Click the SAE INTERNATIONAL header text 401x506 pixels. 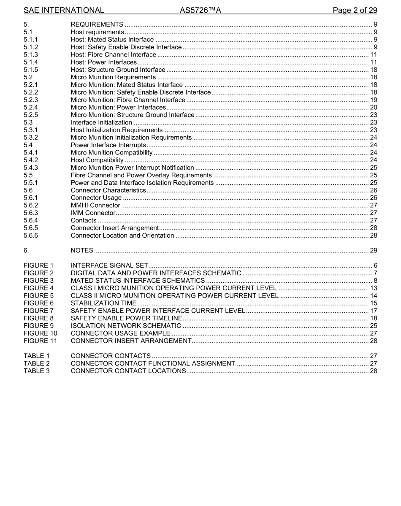point(64,10)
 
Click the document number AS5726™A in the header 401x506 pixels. point(200,10)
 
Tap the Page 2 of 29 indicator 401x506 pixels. point(355,10)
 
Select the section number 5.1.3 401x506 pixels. point(31,55)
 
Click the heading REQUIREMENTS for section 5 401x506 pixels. point(97,24)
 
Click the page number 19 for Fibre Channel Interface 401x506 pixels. point(373,100)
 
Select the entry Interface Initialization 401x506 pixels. point(101,123)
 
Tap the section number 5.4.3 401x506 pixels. point(31,168)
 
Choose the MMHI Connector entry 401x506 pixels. point(95,206)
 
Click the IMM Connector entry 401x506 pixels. point(93,213)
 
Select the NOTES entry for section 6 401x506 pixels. point(82,251)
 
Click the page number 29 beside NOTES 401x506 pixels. point(373,251)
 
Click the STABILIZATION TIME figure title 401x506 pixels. point(103,303)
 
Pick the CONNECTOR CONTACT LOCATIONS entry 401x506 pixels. point(128,371)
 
